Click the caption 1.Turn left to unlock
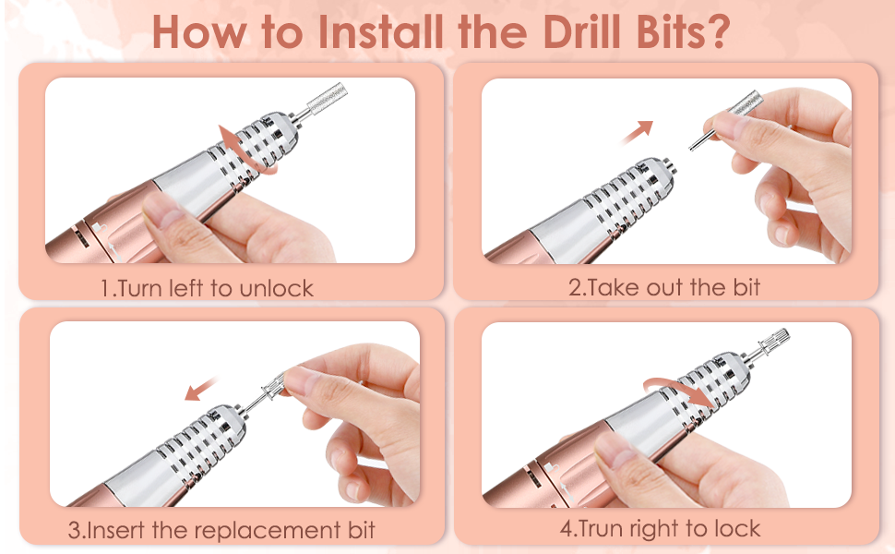207,287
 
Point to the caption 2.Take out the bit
664,287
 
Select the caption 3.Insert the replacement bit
221,531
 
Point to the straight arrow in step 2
636,132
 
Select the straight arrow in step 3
201,388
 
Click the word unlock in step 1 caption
276,287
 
